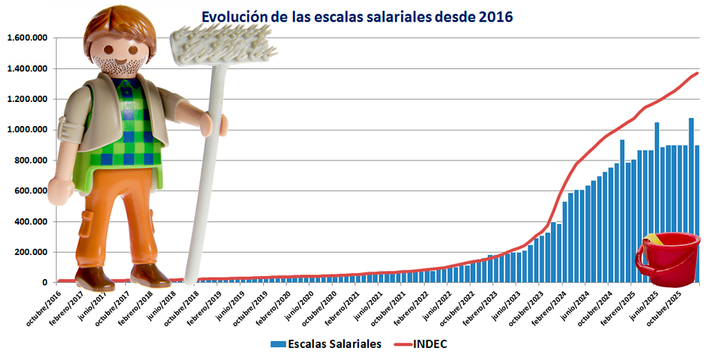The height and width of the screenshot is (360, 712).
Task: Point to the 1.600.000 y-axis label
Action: pos(28,38)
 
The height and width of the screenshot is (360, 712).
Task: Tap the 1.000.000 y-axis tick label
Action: pos(28,130)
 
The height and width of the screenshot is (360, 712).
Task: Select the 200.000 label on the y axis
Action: pos(31,252)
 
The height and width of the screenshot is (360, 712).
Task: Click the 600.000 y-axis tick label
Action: pos(31,190)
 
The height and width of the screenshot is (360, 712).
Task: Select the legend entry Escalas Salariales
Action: pos(325,343)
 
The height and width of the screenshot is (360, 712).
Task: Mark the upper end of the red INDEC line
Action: pos(697,73)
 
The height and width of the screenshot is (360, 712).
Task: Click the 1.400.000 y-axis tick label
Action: pos(28,69)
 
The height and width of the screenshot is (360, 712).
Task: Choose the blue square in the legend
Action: pos(277,343)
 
